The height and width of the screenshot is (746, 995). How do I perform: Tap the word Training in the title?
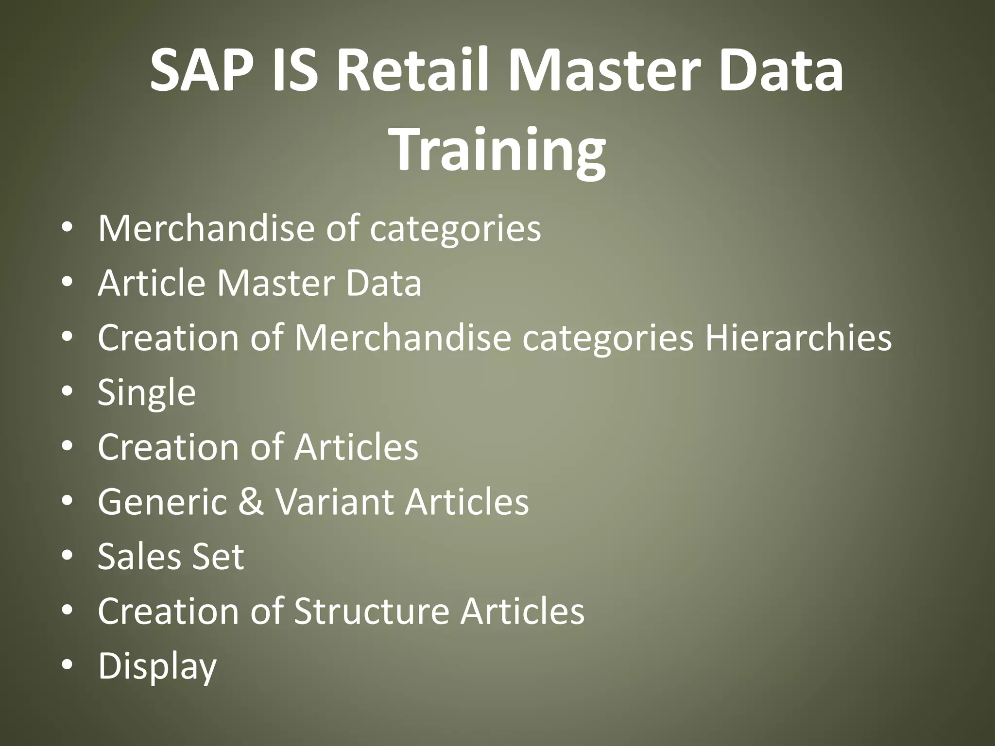pyautogui.click(x=497, y=148)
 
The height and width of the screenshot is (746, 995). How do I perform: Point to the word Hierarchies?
pyautogui.click(x=798, y=337)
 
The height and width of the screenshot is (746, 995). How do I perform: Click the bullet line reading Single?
pyautogui.click(x=147, y=392)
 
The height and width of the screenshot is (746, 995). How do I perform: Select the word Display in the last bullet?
pyautogui.click(x=157, y=666)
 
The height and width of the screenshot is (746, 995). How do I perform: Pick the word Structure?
pyautogui.click(x=371, y=610)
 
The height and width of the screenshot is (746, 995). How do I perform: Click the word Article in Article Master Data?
pyautogui.click(x=152, y=283)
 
